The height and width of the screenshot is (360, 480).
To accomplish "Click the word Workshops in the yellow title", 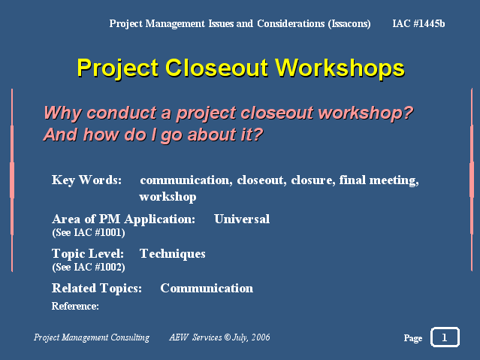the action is (x=340, y=68).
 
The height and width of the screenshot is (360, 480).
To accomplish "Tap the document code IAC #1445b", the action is (x=418, y=23).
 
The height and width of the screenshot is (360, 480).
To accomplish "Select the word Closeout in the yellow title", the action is (x=217, y=68).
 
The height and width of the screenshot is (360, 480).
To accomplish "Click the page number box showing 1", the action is (x=445, y=337).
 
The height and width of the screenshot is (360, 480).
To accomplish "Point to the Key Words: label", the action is (x=86, y=180).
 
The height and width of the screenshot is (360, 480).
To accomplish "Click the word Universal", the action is (x=242, y=219).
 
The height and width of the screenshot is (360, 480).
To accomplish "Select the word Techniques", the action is (x=172, y=254).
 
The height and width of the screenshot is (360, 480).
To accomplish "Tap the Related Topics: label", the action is (x=97, y=289).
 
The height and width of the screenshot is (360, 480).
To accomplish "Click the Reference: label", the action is (x=75, y=306).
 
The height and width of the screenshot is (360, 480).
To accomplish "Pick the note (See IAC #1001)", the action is (x=89, y=232).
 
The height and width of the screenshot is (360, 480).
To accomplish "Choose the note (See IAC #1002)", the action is (x=89, y=267).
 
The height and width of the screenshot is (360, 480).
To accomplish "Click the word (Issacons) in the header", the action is (x=349, y=24).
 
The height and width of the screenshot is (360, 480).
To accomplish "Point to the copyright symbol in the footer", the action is (x=228, y=337).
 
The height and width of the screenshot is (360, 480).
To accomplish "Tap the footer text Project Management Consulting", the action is (x=92, y=337).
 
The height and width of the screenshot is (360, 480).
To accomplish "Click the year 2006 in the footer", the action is (x=261, y=337).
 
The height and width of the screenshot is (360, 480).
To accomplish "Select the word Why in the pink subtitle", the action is (x=63, y=113).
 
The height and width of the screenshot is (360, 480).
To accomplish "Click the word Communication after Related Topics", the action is (x=207, y=289).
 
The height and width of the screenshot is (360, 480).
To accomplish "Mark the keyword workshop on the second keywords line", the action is (x=168, y=197).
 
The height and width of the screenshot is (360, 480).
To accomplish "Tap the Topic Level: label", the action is (x=88, y=254).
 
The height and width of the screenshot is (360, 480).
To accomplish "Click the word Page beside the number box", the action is (x=413, y=337).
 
